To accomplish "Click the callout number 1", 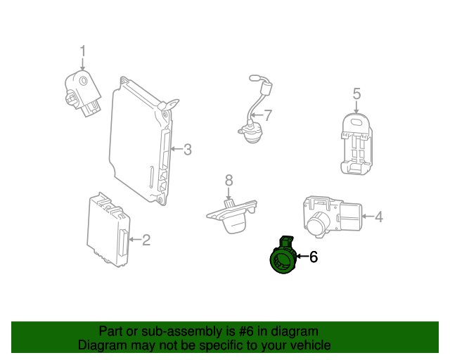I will [x=82, y=51].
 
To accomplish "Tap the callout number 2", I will [x=146, y=240].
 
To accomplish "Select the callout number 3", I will [x=187, y=148].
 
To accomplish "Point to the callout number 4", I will [x=378, y=217].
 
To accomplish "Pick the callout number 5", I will [x=356, y=94].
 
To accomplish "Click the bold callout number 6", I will [x=314, y=257].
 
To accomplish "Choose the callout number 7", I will [x=267, y=115].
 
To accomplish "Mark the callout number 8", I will [x=229, y=181].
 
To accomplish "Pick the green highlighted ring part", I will [x=284, y=259].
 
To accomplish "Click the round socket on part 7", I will [x=247, y=132].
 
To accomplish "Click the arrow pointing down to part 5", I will [x=356, y=107].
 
